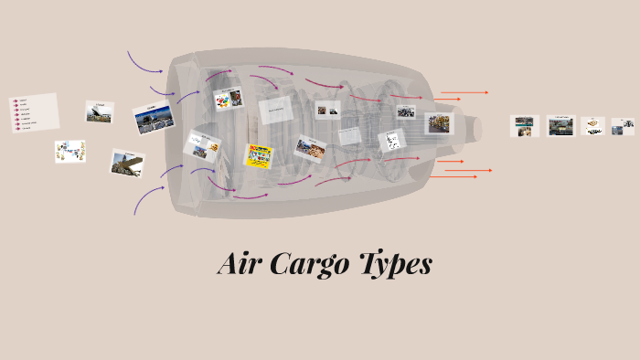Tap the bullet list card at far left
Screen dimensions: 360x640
[34, 112]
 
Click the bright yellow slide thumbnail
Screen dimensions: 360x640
[258, 155]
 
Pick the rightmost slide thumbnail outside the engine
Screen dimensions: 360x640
[623, 126]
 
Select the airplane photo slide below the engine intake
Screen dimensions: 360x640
[127, 163]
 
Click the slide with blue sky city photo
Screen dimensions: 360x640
[153, 118]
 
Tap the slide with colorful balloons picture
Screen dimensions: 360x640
[228, 99]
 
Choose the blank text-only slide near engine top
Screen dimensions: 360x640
[275, 110]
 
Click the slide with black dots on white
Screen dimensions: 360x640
[391, 141]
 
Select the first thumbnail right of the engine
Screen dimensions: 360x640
[525, 125]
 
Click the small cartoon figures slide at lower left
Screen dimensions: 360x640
[69, 152]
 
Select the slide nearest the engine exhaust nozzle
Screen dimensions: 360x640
[439, 123]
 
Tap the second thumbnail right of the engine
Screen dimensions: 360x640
[560, 126]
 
